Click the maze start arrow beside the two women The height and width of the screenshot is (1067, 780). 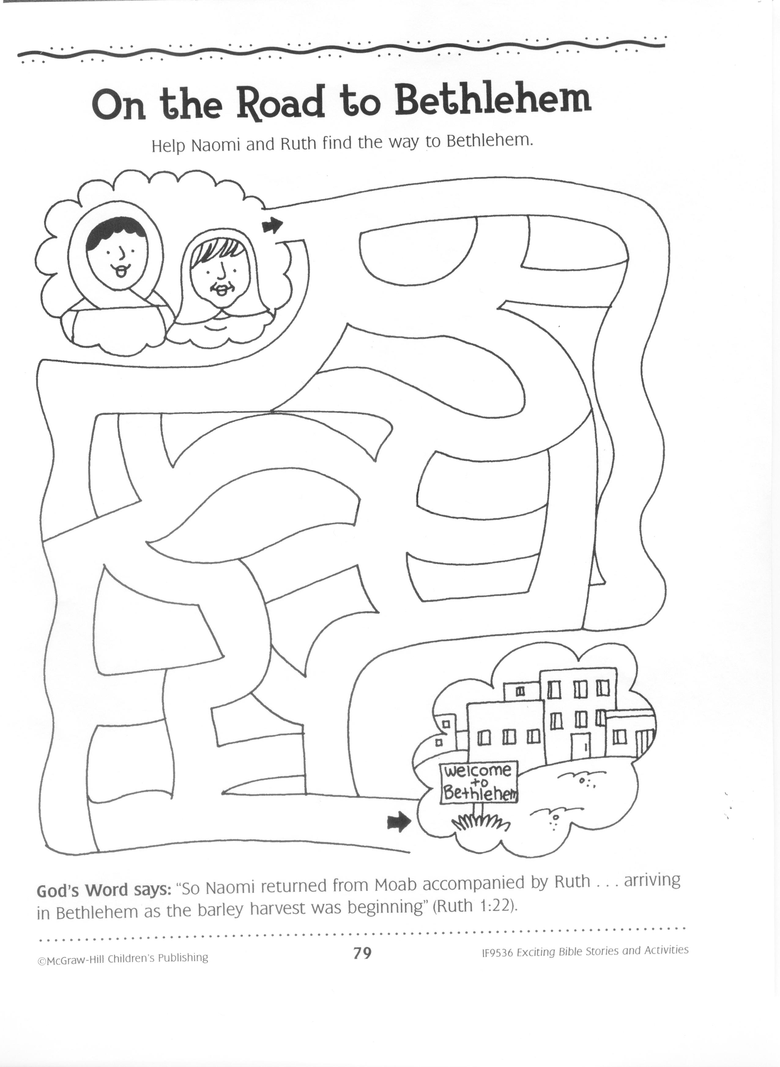[273, 226]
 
